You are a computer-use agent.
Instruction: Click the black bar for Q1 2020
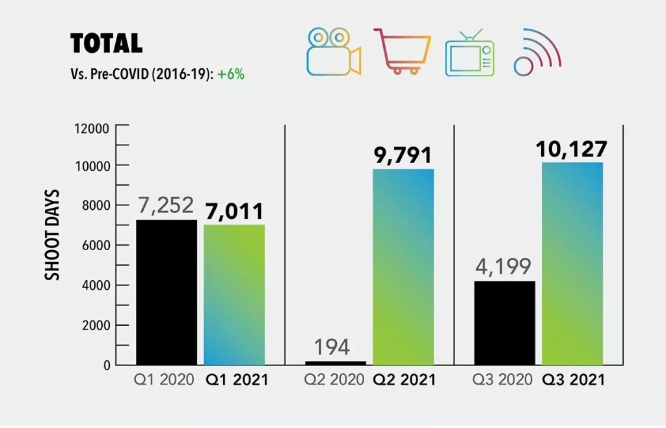click(166, 292)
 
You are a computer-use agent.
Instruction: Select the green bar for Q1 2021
click(234, 294)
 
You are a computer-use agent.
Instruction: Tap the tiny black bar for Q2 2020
click(336, 362)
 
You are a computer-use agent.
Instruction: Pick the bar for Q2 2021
click(403, 267)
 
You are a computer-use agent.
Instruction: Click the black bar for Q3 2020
click(505, 322)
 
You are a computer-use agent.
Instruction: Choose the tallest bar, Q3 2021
click(572, 264)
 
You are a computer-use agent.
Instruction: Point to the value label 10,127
click(572, 149)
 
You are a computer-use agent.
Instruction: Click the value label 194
click(332, 347)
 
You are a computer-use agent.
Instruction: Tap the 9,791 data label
click(403, 156)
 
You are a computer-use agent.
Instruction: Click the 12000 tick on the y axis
click(93, 127)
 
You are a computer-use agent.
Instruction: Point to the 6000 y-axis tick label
click(96, 246)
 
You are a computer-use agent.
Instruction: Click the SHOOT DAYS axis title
click(53, 235)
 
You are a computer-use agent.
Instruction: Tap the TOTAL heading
click(106, 43)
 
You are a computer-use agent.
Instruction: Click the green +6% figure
click(231, 74)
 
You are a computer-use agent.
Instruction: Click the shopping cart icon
click(403, 51)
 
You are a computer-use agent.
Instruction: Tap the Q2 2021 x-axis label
click(405, 380)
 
